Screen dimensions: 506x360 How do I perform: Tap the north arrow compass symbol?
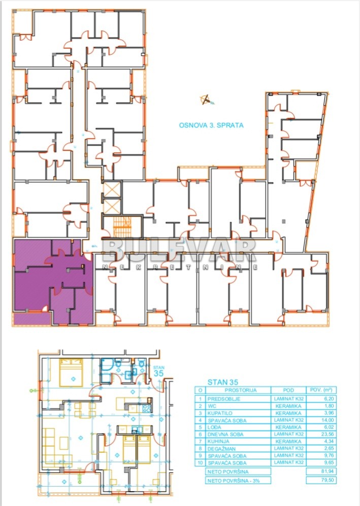[206, 100]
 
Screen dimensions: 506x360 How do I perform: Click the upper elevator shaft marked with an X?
[110, 191]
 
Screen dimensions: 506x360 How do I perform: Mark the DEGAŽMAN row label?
[221, 449]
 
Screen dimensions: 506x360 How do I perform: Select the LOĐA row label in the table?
[216, 427]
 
